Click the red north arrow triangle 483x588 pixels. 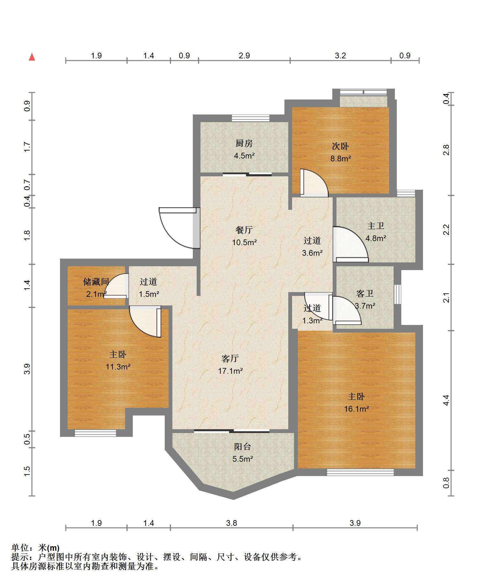32,57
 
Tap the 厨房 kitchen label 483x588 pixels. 244,143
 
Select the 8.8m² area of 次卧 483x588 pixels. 341,158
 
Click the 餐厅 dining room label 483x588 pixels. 244,230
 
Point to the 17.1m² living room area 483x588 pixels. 230,371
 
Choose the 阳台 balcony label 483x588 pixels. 243,447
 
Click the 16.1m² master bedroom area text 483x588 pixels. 356,409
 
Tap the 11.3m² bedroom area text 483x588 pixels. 118,367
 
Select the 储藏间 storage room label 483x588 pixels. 96,282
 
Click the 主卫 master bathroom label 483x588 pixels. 375,226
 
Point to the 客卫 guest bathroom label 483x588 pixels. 365,293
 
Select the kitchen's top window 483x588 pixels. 251,118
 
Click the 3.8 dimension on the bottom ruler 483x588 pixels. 231,523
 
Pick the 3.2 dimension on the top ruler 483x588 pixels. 340,56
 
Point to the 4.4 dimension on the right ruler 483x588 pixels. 446,400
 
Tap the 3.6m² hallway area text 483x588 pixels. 312,253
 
